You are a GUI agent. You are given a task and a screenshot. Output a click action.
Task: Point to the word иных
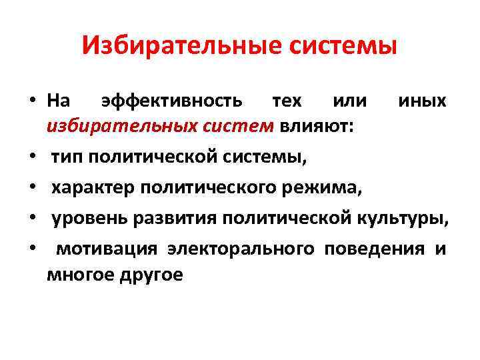(422, 101)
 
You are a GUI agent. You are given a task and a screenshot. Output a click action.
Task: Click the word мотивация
(107, 249)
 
